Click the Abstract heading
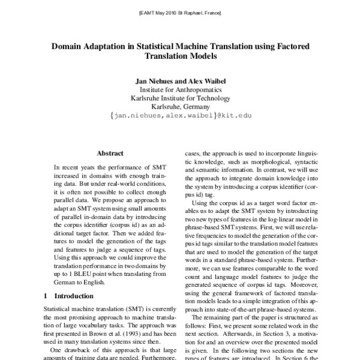click(110, 153)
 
